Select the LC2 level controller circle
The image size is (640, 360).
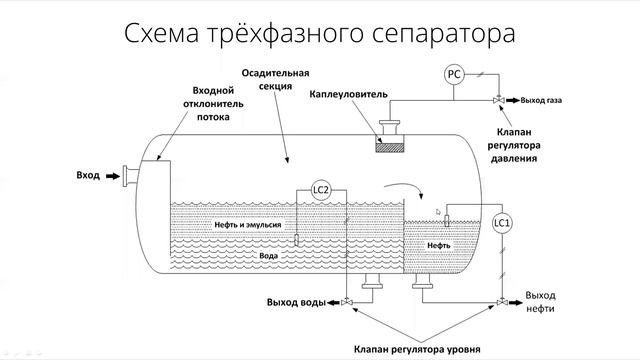tap(321, 190)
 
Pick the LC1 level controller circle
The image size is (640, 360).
tap(503, 222)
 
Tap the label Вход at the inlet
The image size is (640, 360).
tap(88, 175)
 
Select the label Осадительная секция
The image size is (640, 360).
tap(276, 80)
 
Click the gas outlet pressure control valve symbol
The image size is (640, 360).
tap(499, 100)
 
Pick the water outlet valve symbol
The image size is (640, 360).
tap(346, 302)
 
